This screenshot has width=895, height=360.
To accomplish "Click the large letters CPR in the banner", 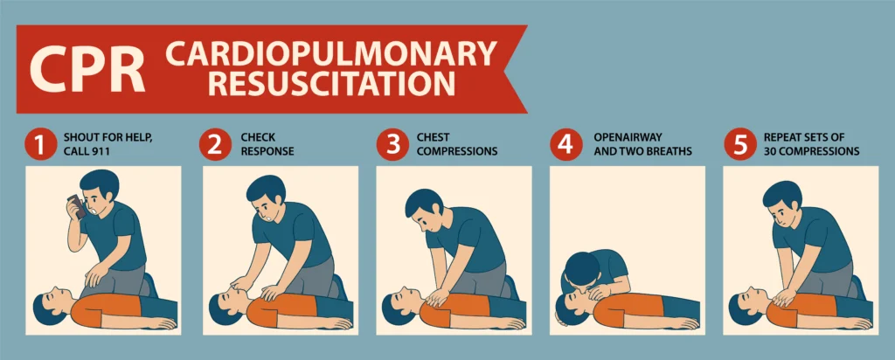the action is click(87, 69).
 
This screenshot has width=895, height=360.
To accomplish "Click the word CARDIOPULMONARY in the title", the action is click(331, 54).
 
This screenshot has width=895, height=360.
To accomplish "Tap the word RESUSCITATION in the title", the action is click(331, 83).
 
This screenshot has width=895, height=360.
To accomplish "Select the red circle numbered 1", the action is click(39, 145).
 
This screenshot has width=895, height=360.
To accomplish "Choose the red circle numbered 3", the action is click(393, 145).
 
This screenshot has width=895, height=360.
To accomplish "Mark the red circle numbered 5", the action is click(739, 145).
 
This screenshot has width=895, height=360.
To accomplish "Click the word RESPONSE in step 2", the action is click(267, 152).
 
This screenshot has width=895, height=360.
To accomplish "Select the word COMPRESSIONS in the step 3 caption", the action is click(457, 152).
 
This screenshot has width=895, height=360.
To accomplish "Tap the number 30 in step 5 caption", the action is click(771, 152).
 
